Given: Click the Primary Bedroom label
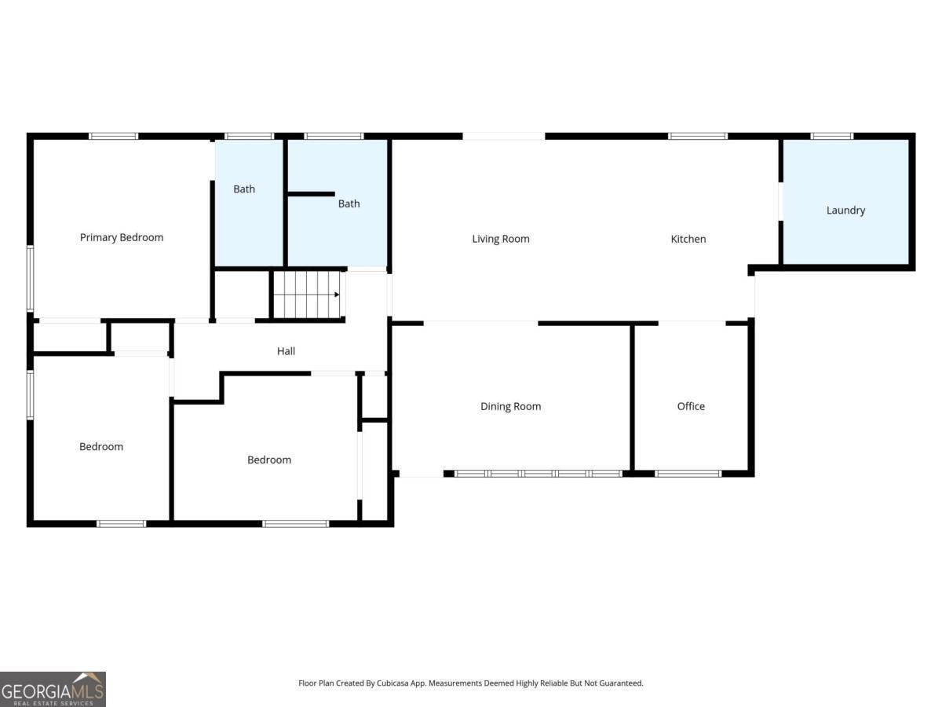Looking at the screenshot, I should pos(122,237).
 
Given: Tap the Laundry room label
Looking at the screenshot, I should pos(845,211).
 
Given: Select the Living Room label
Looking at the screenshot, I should pos(501,239).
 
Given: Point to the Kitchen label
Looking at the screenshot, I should pos(688,239).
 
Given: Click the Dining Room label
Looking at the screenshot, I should pos(511,406).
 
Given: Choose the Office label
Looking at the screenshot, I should pos(691,406).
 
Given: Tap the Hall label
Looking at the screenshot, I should pos(286,351).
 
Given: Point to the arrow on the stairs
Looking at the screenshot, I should pos(337,295).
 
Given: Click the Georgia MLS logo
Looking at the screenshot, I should pos(53,689).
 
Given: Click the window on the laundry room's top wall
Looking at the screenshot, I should pos(832,136).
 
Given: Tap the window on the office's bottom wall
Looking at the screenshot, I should pos(688,474).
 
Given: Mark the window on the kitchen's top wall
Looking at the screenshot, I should pos(698,136).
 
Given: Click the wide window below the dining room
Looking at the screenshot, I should pos(539,474).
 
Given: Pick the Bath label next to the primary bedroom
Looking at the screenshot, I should pos(244,189).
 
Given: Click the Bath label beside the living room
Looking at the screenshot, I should pos(349,203).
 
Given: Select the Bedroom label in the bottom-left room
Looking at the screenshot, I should pos(101,446).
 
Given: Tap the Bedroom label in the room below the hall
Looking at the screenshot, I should pos(269,460).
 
